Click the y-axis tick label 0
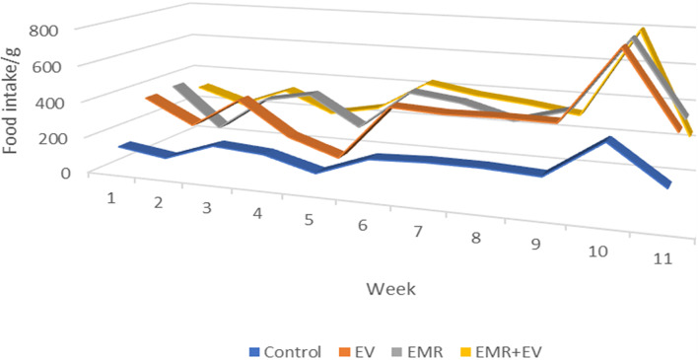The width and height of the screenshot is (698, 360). pos(66,172)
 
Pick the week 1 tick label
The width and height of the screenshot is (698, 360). pos(111,197)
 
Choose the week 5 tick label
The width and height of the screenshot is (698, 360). pos(309,219)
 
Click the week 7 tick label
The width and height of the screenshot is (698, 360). pos(420,231)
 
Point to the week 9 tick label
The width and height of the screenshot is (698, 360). pos(535,243)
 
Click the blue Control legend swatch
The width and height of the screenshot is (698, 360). pos(255,350)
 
